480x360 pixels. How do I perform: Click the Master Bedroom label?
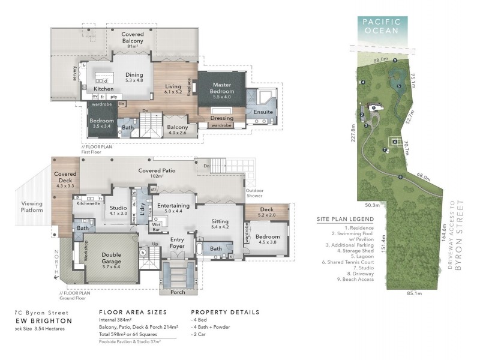pos(221,89)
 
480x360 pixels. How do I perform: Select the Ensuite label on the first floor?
pos(263,112)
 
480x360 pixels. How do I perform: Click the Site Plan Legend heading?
pos(345,219)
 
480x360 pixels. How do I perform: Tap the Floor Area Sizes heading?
pos(133,312)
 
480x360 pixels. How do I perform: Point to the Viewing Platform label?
pos(32,207)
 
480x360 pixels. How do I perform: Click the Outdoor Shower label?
pos(254,195)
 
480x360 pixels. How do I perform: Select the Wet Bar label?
pos(158,226)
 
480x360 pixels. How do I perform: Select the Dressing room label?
pos(222,118)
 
